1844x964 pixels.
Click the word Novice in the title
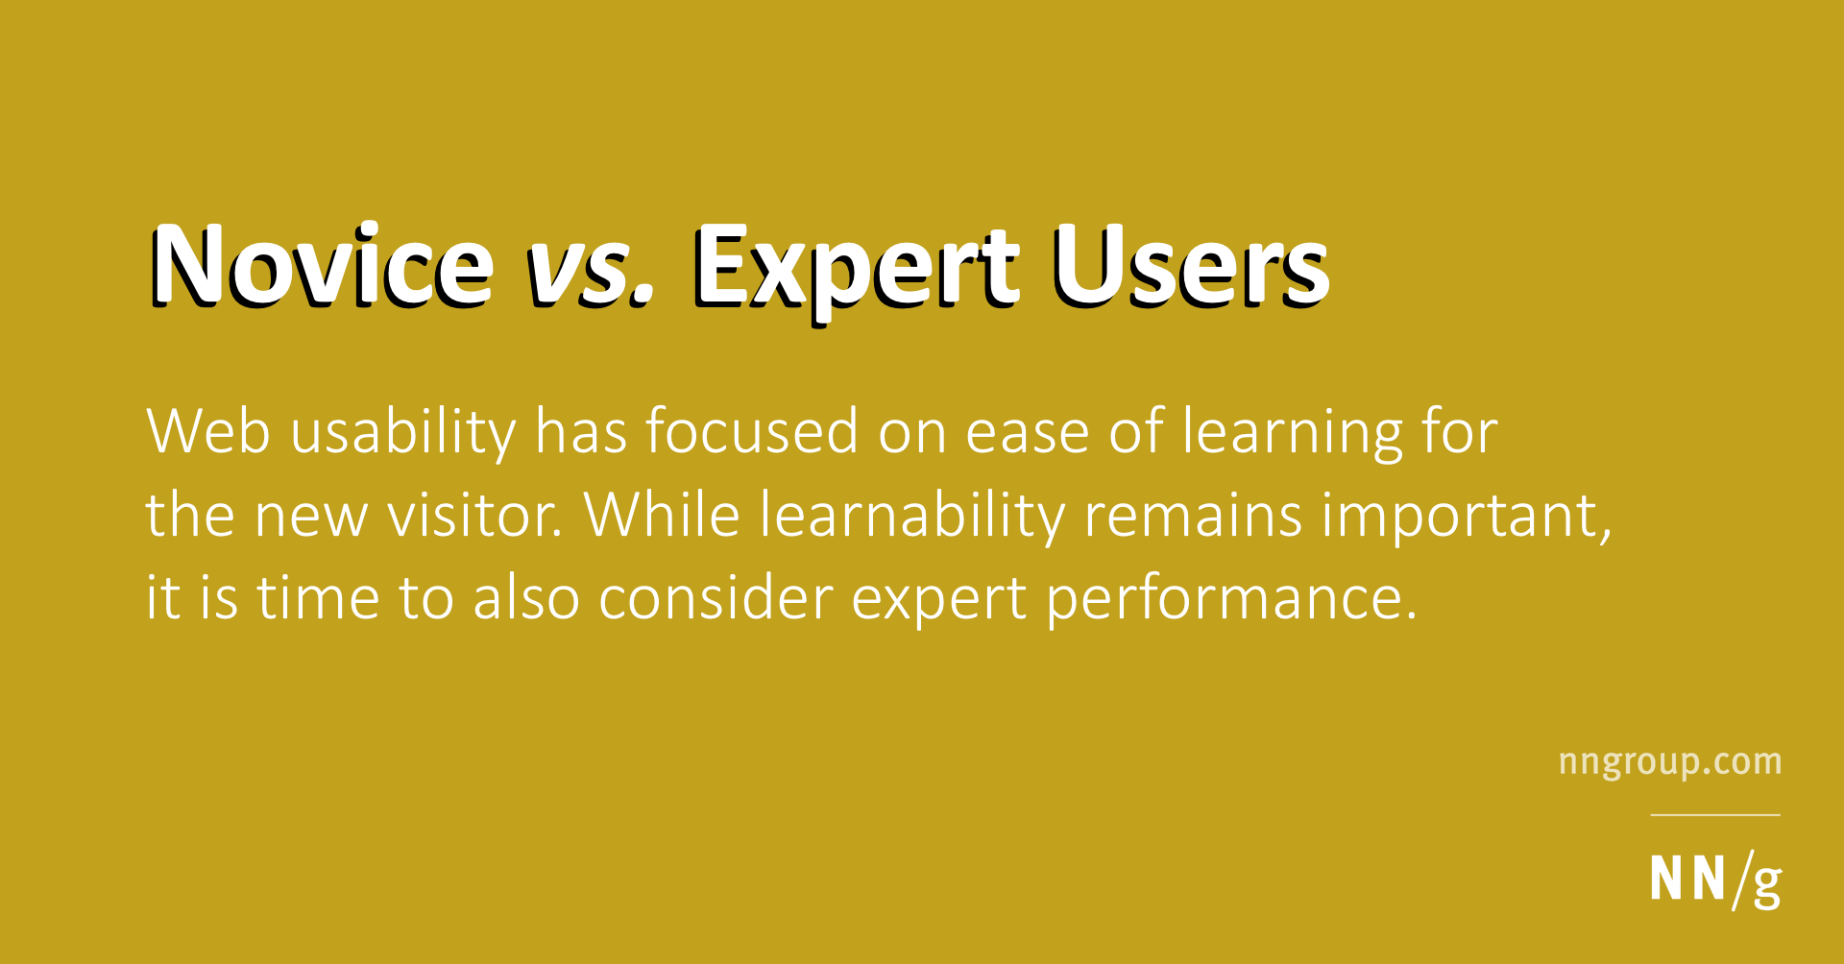tap(321, 265)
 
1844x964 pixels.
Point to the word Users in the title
tap(1191, 267)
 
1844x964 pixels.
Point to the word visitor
tap(475, 515)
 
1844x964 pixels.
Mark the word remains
tap(1193, 515)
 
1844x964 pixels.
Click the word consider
tap(716, 597)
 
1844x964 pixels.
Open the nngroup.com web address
tap(1670, 763)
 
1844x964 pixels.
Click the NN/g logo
tap(1715, 879)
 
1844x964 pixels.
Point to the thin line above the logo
tap(1715, 815)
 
